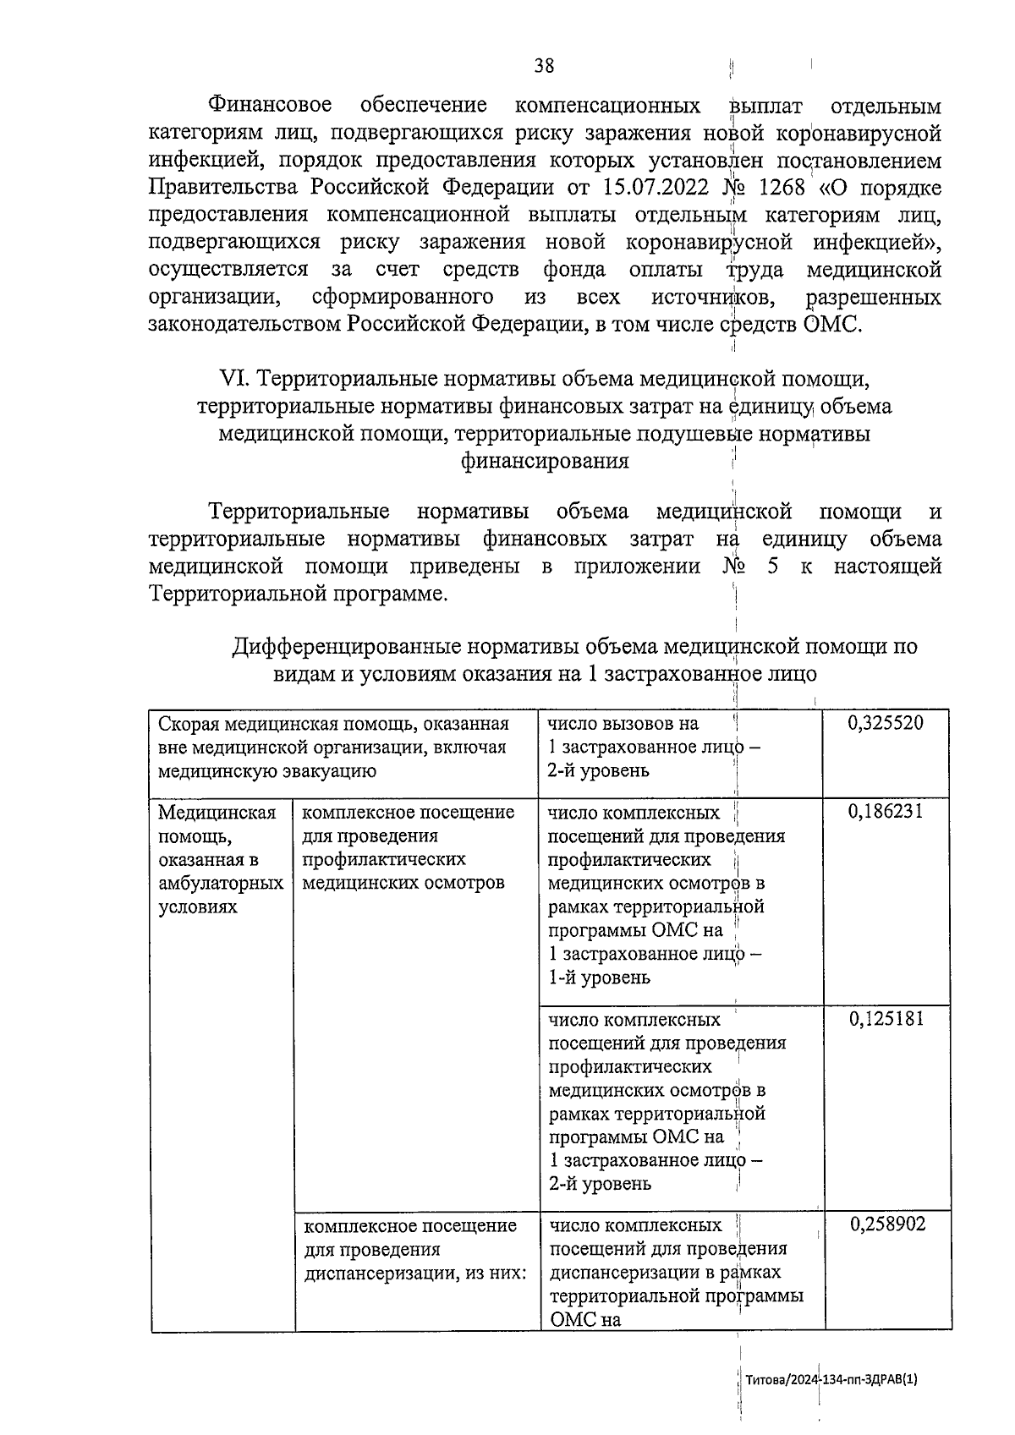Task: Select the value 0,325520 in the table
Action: (x=886, y=723)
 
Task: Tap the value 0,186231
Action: (x=886, y=812)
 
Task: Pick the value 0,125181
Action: (x=886, y=1018)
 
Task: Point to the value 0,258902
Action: (x=887, y=1224)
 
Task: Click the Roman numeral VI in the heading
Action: (x=231, y=378)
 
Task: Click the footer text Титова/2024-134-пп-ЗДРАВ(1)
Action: (x=831, y=1379)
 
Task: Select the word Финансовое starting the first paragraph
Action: (x=270, y=106)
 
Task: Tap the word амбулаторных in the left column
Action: (x=221, y=884)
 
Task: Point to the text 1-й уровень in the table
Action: (x=599, y=978)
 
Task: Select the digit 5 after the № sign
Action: (x=772, y=567)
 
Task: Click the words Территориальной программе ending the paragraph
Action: (x=297, y=594)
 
